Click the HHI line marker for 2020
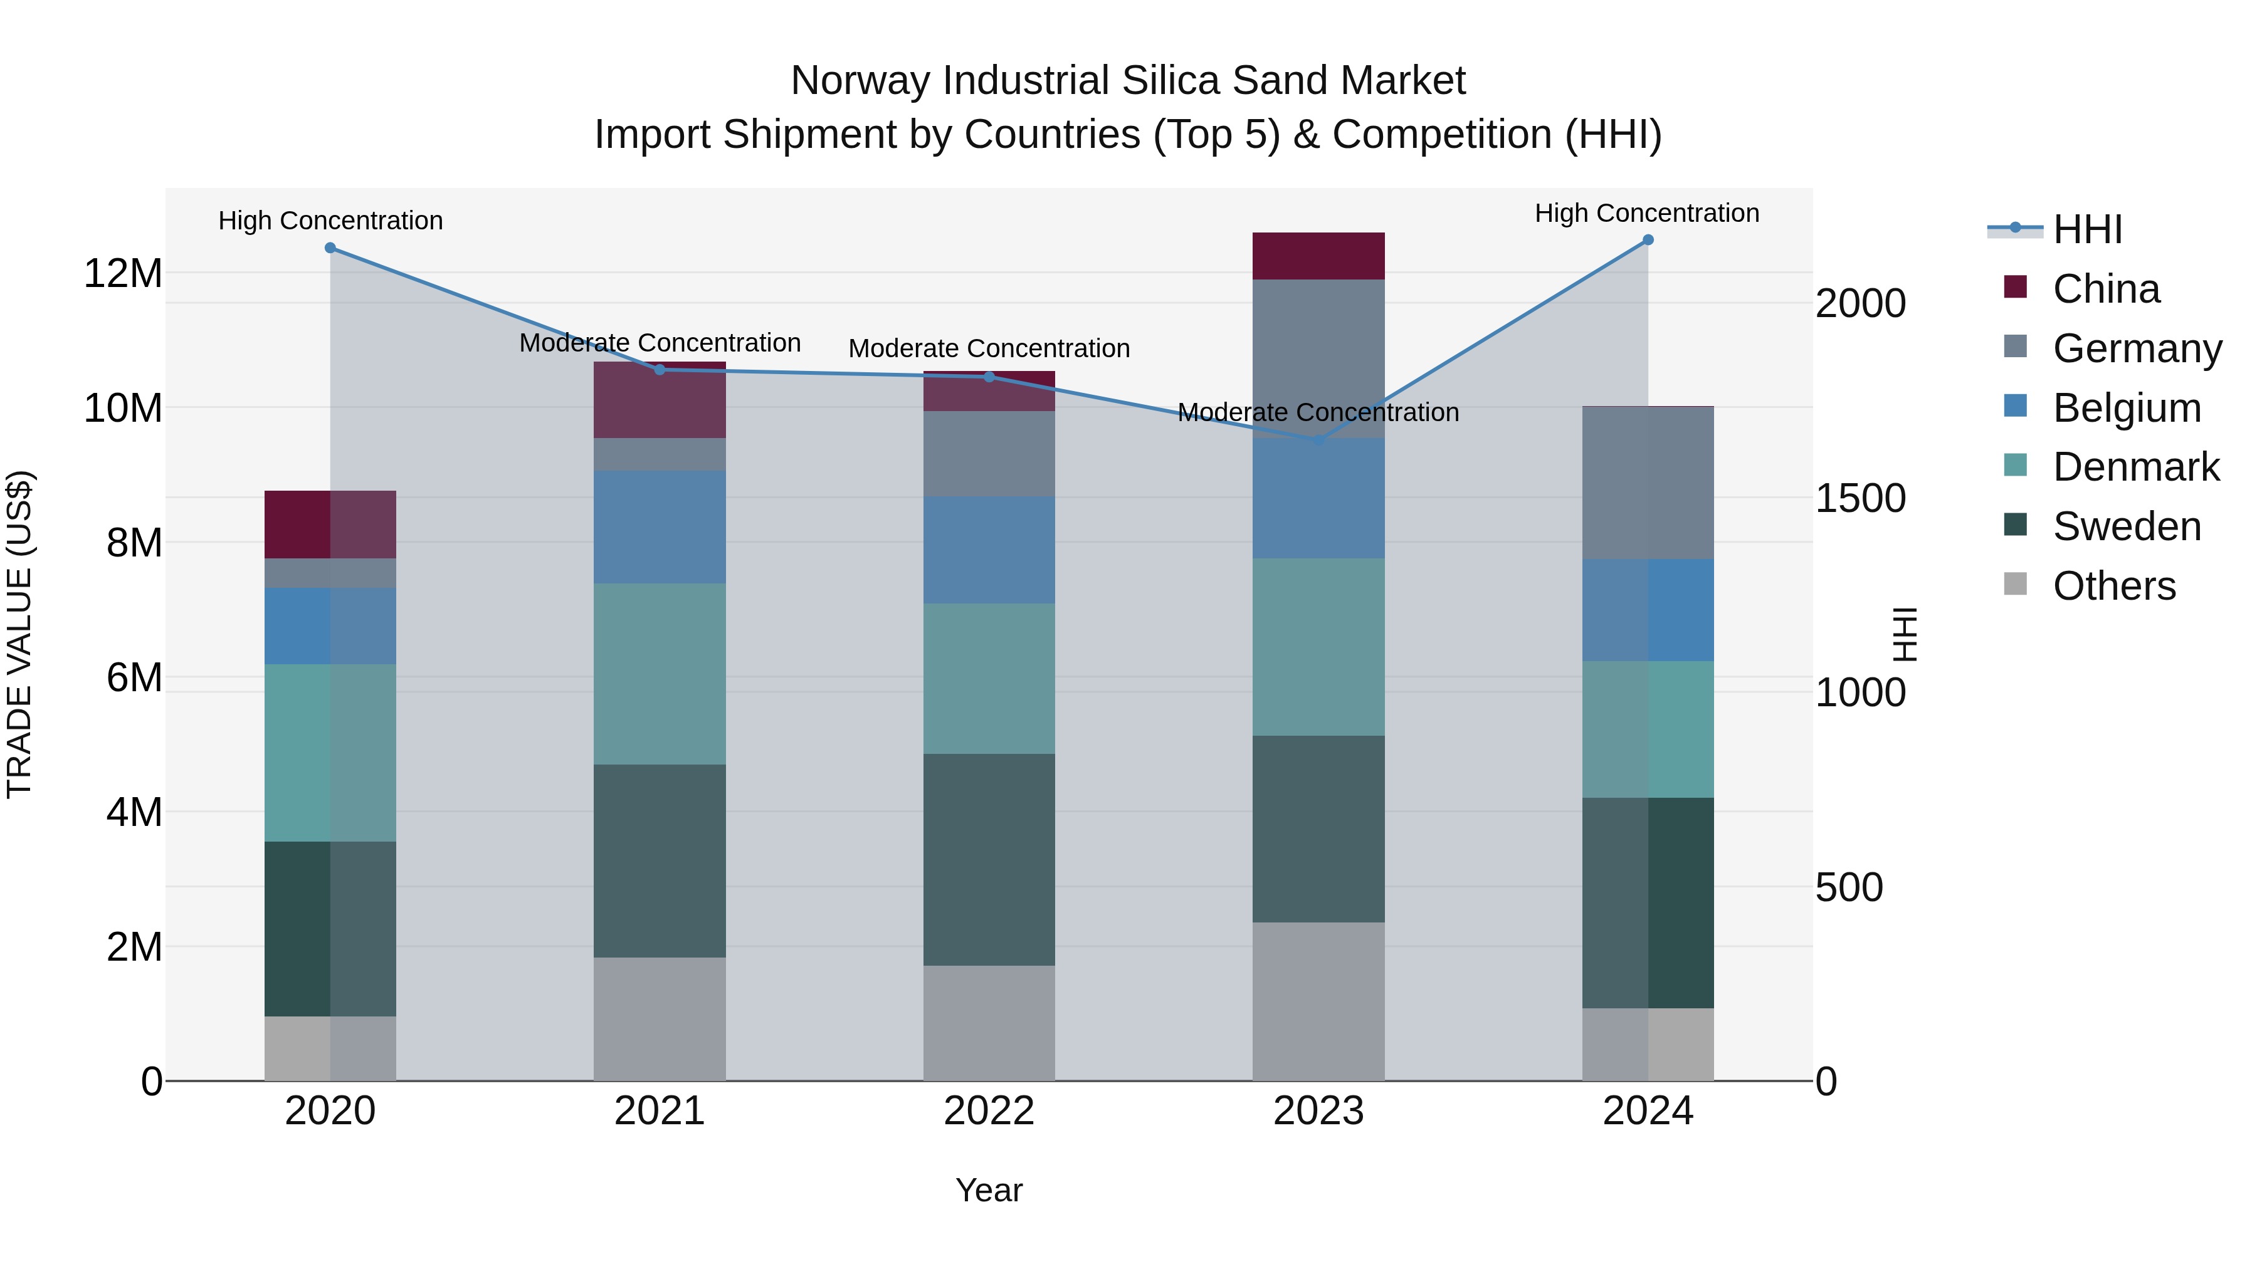coord(330,248)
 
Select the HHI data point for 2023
coord(1318,441)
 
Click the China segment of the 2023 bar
coord(1318,256)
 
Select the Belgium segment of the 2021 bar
coord(659,527)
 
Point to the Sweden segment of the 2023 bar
coord(1318,828)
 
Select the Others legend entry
coord(2113,586)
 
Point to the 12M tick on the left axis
coord(123,273)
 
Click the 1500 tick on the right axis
coord(1860,498)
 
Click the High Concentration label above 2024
coord(1646,213)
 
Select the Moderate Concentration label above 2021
coord(659,342)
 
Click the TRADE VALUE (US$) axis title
coord(19,634)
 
